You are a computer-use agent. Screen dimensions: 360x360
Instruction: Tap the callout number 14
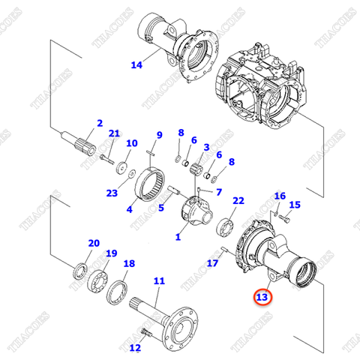coord(136,64)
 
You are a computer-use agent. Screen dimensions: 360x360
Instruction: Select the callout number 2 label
coord(99,123)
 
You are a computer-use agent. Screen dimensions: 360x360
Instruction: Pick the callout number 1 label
coord(178,237)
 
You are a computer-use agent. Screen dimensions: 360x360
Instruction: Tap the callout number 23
coord(112,193)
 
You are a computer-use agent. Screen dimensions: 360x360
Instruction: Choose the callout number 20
coord(94,243)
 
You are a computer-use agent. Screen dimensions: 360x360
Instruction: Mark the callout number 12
coord(135,347)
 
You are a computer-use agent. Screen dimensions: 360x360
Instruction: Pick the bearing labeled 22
coord(225,226)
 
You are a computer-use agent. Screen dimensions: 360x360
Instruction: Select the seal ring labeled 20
coord(79,271)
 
